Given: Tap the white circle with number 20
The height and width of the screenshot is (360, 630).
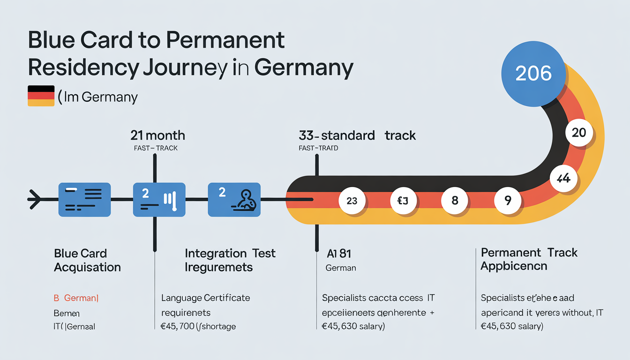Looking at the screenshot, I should point(579,133).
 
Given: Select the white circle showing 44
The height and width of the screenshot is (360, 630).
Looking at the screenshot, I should point(562,178).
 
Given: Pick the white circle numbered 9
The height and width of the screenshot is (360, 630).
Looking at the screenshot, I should point(508,201).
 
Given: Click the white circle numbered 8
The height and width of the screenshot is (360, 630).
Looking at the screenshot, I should point(455,201).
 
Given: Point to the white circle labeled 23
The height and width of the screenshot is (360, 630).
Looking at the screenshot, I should point(352,201).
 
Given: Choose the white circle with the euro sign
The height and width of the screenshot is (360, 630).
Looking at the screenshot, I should point(404,201).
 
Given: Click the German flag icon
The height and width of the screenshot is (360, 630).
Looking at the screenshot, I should point(41,96).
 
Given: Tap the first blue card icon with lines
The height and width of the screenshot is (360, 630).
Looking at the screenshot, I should point(84,199).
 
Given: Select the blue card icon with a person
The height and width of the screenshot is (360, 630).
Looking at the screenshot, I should point(234,199).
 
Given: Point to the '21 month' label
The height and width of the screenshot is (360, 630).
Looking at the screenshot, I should point(157,136).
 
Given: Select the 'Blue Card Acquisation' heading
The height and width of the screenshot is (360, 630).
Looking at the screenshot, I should point(87,261).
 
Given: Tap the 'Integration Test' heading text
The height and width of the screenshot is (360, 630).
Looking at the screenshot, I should point(230,254).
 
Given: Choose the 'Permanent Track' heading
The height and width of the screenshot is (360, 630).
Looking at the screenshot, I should point(529,253).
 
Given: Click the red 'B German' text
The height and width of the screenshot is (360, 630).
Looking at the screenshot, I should point(76,298).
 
